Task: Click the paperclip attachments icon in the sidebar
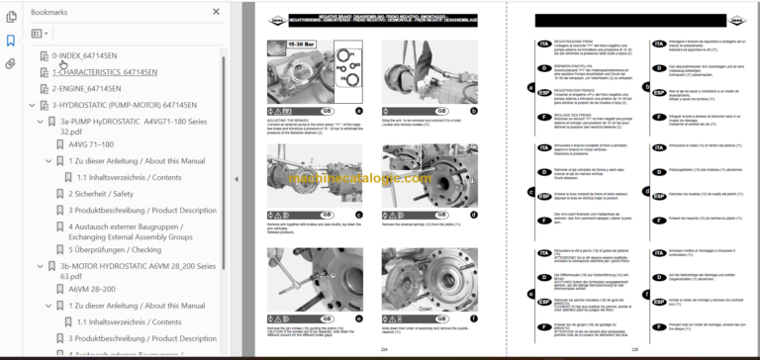(11, 63)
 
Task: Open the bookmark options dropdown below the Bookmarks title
(40, 33)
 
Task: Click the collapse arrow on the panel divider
(236, 179)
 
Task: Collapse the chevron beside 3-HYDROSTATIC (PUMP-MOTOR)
(32, 104)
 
